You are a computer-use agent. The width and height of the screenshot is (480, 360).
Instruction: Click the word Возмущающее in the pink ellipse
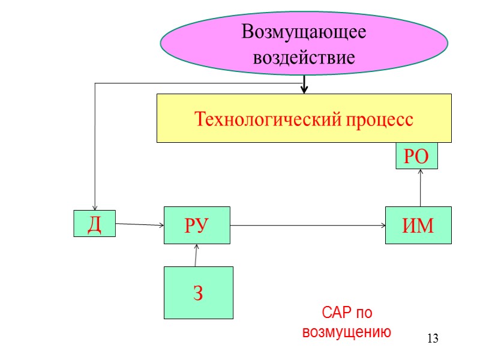point(304,32)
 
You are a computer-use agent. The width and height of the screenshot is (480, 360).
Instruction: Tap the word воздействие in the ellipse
point(304,58)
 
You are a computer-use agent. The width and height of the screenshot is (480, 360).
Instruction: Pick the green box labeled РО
point(416,157)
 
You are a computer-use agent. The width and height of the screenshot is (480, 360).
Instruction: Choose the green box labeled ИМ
point(418,226)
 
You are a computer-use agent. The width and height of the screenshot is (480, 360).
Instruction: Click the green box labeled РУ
point(196,226)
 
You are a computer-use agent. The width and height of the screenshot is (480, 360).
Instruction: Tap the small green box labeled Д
point(94,223)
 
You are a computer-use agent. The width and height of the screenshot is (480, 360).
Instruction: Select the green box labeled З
point(198,293)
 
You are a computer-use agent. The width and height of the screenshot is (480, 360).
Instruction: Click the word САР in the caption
point(335,313)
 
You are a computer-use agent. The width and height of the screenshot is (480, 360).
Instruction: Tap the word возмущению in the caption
point(347,332)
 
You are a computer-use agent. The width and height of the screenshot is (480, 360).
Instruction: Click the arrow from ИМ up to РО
point(421,188)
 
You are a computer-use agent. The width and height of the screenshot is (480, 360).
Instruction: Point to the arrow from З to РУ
point(196,255)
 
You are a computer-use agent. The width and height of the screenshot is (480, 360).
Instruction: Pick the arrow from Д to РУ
point(139,225)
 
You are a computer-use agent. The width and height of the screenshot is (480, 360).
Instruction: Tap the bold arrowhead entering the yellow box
point(304,89)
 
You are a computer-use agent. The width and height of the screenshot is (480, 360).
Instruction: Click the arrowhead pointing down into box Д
point(95,207)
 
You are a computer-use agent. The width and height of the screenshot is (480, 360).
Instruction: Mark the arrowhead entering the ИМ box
point(382,226)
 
